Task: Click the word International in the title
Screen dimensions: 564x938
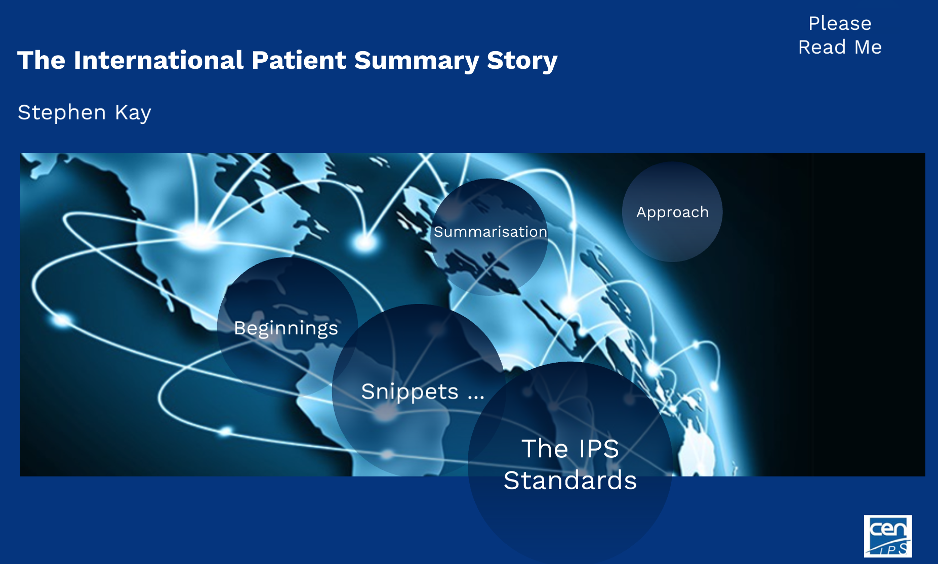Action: pyautogui.click(x=158, y=60)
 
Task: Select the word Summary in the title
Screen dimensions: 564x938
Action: pyautogui.click(x=416, y=60)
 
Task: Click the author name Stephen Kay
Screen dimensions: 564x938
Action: pyautogui.click(x=84, y=112)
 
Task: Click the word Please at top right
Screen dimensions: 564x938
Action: pyautogui.click(x=840, y=23)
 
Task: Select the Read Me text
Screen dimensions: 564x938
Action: pyautogui.click(x=840, y=47)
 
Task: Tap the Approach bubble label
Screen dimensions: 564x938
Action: pyautogui.click(x=672, y=212)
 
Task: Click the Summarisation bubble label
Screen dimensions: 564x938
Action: pyautogui.click(x=490, y=232)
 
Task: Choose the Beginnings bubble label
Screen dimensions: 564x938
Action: pyautogui.click(x=286, y=328)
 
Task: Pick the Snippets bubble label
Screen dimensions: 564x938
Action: pyautogui.click(x=410, y=392)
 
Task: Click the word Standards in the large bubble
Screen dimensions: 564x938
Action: pyautogui.click(x=570, y=480)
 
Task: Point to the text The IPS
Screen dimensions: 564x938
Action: pyautogui.click(x=570, y=449)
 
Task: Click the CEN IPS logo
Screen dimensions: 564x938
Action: pyautogui.click(x=887, y=536)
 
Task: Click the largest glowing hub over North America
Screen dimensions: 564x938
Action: pyautogui.click(x=200, y=236)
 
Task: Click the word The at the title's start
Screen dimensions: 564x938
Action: pyautogui.click(x=41, y=60)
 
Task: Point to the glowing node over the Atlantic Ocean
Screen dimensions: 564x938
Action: pyautogui.click(x=364, y=242)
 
